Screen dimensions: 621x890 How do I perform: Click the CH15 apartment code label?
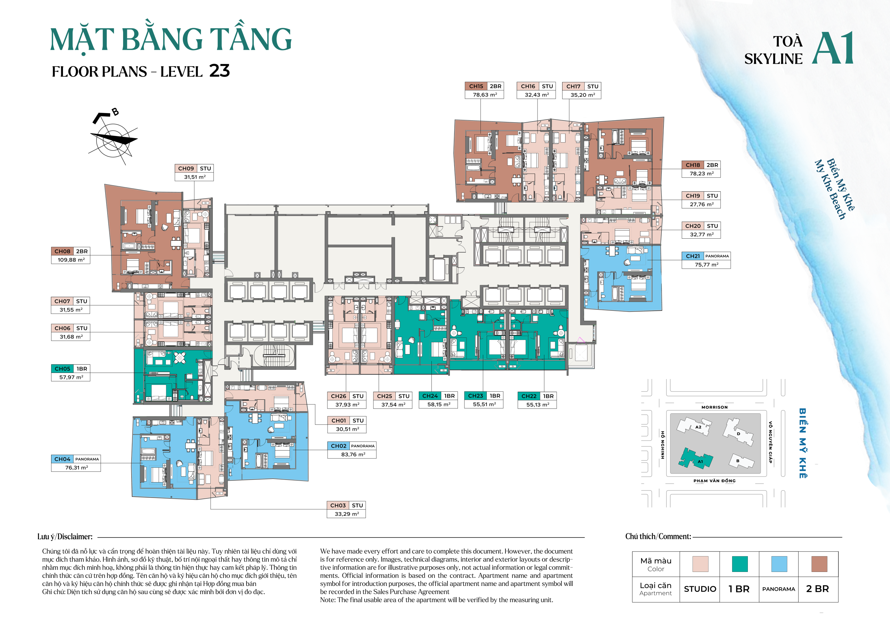pyautogui.click(x=476, y=86)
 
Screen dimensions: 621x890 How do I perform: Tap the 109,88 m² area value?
pyautogui.click(x=71, y=260)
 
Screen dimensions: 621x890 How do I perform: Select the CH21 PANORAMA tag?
pyautogui.click(x=717, y=256)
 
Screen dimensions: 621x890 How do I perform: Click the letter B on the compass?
pyautogui.click(x=115, y=112)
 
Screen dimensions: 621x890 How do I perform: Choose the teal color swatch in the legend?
pyautogui.click(x=739, y=564)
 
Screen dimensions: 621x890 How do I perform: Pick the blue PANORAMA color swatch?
pyautogui.click(x=779, y=564)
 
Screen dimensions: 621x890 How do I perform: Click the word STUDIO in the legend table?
pyautogui.click(x=700, y=589)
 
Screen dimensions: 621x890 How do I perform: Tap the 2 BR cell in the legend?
pyautogui.click(x=817, y=589)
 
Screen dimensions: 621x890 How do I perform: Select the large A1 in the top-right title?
pyautogui.click(x=833, y=48)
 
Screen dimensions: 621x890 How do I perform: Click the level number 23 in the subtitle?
pyautogui.click(x=219, y=71)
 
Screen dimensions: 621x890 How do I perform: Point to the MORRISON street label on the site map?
pyautogui.click(x=714, y=407)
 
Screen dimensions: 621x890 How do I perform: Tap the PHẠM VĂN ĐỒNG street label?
pyautogui.click(x=714, y=480)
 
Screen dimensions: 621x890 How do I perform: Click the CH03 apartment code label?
pyautogui.click(x=338, y=505)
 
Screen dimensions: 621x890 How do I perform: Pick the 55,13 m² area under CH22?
pyautogui.click(x=537, y=405)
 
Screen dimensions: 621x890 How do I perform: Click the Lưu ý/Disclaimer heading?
pyautogui.click(x=65, y=536)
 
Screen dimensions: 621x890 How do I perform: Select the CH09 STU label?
pyautogui.click(x=194, y=168)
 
